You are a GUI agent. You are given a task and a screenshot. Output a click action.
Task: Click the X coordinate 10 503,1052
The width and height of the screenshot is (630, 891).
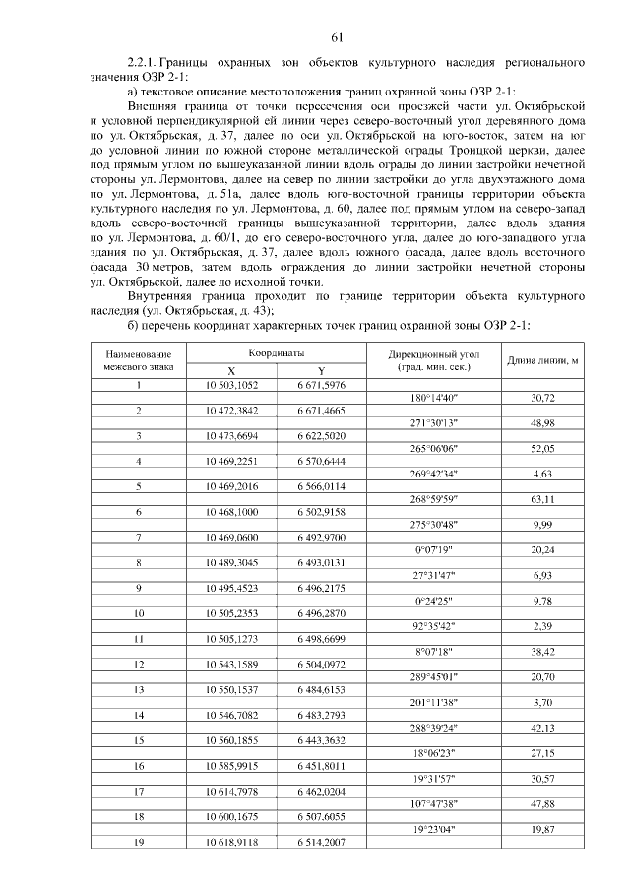[231, 384]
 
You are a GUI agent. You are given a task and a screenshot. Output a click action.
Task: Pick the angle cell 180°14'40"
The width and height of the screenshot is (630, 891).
[433, 397]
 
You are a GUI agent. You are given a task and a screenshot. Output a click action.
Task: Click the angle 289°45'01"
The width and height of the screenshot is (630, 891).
[433, 678]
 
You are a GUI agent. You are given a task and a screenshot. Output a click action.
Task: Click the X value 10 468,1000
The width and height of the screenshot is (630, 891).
[231, 512]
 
